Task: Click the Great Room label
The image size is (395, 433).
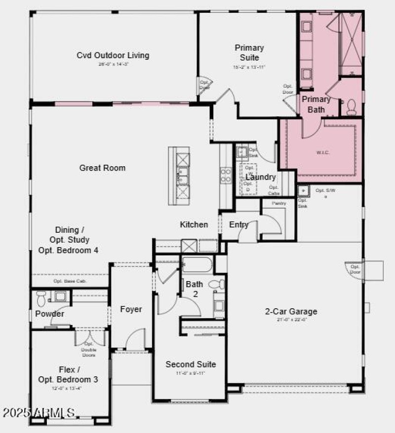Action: click(x=102, y=168)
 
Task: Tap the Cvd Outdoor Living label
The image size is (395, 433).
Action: click(x=113, y=55)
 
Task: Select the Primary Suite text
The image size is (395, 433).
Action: click(x=249, y=53)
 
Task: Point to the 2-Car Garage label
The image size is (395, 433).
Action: click(x=291, y=311)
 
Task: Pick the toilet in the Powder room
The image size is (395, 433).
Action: click(x=41, y=296)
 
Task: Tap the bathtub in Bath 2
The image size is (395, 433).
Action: click(x=197, y=264)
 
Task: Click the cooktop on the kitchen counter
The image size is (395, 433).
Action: click(x=225, y=175)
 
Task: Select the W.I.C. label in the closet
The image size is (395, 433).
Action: click(x=323, y=152)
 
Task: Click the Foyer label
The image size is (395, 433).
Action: click(x=131, y=309)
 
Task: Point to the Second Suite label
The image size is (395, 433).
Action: click(x=191, y=364)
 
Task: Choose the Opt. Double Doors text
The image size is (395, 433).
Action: click(x=89, y=349)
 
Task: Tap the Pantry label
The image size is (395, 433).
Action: click(x=279, y=203)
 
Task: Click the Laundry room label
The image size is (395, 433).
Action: click(x=260, y=177)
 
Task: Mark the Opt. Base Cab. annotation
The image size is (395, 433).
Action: click(x=70, y=281)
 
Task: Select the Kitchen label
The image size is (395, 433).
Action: click(x=194, y=224)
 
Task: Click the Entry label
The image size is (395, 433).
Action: click(x=239, y=224)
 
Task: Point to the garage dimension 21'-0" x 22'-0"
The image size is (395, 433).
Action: click(x=291, y=320)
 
